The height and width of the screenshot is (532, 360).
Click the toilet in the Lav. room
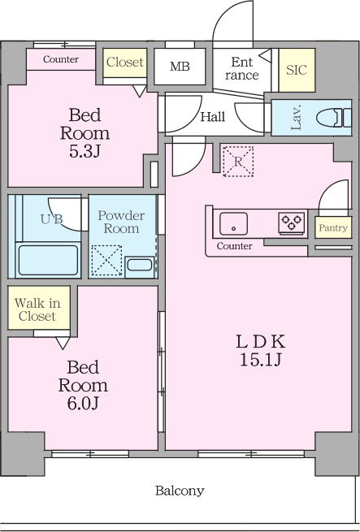(334, 118)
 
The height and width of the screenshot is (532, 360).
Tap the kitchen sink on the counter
(233, 223)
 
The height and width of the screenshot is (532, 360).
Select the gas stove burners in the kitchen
(292, 223)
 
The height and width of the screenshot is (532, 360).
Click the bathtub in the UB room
(48, 260)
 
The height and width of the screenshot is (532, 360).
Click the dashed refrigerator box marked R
(238, 162)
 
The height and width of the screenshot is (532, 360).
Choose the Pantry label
(333, 227)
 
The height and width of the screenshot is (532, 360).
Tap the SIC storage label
(297, 70)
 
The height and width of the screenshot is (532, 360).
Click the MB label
(180, 67)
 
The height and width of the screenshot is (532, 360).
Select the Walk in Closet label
(37, 309)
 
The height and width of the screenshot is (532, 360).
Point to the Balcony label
(180, 491)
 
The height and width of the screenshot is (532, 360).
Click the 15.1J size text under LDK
(261, 360)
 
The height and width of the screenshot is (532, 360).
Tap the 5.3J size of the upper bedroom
(85, 151)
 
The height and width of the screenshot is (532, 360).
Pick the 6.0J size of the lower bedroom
(83, 404)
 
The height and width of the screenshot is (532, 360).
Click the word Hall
(213, 117)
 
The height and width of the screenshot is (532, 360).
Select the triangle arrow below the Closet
(139, 91)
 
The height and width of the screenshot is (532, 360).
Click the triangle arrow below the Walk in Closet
(63, 343)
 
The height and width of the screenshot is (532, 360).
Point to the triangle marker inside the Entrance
(265, 56)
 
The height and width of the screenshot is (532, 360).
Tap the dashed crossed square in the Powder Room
(106, 260)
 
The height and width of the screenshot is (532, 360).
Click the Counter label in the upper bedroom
(61, 59)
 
